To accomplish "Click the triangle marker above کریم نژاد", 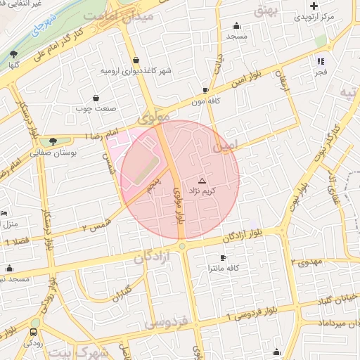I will [x=202, y=181].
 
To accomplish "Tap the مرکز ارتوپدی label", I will [x=326, y=15].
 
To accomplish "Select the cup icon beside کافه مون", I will [x=205, y=91].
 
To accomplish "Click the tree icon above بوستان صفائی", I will [x=53, y=141].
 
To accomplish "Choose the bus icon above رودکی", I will [x=34, y=332].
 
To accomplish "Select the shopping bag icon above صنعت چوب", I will [x=96, y=98].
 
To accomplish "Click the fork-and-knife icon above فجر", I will [x=321, y=60].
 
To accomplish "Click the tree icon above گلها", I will [x=13, y=53].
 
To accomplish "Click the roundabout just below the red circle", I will [x=181, y=246].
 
